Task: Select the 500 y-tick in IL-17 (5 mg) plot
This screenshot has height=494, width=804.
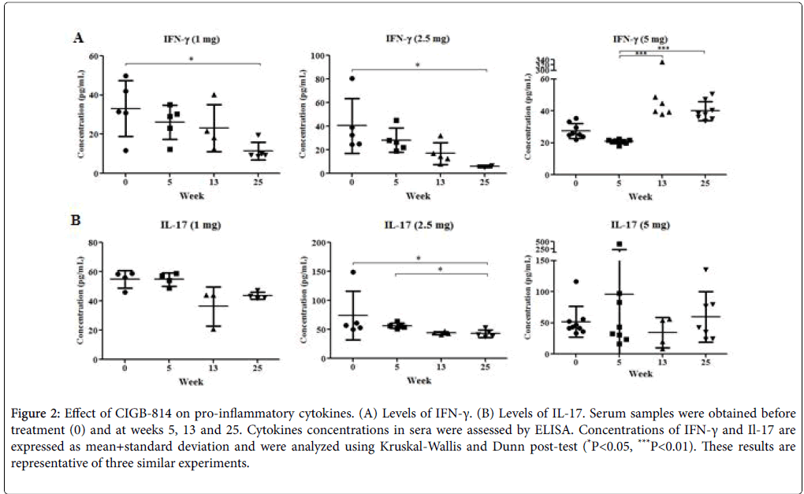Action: pos(540,241)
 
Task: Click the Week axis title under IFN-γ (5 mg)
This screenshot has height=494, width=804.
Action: pos(640,195)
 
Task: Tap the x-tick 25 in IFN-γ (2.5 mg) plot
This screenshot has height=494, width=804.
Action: pos(486,182)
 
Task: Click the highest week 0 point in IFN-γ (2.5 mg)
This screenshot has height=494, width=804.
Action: pos(352,78)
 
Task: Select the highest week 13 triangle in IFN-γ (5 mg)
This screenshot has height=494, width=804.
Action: pos(662,62)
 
